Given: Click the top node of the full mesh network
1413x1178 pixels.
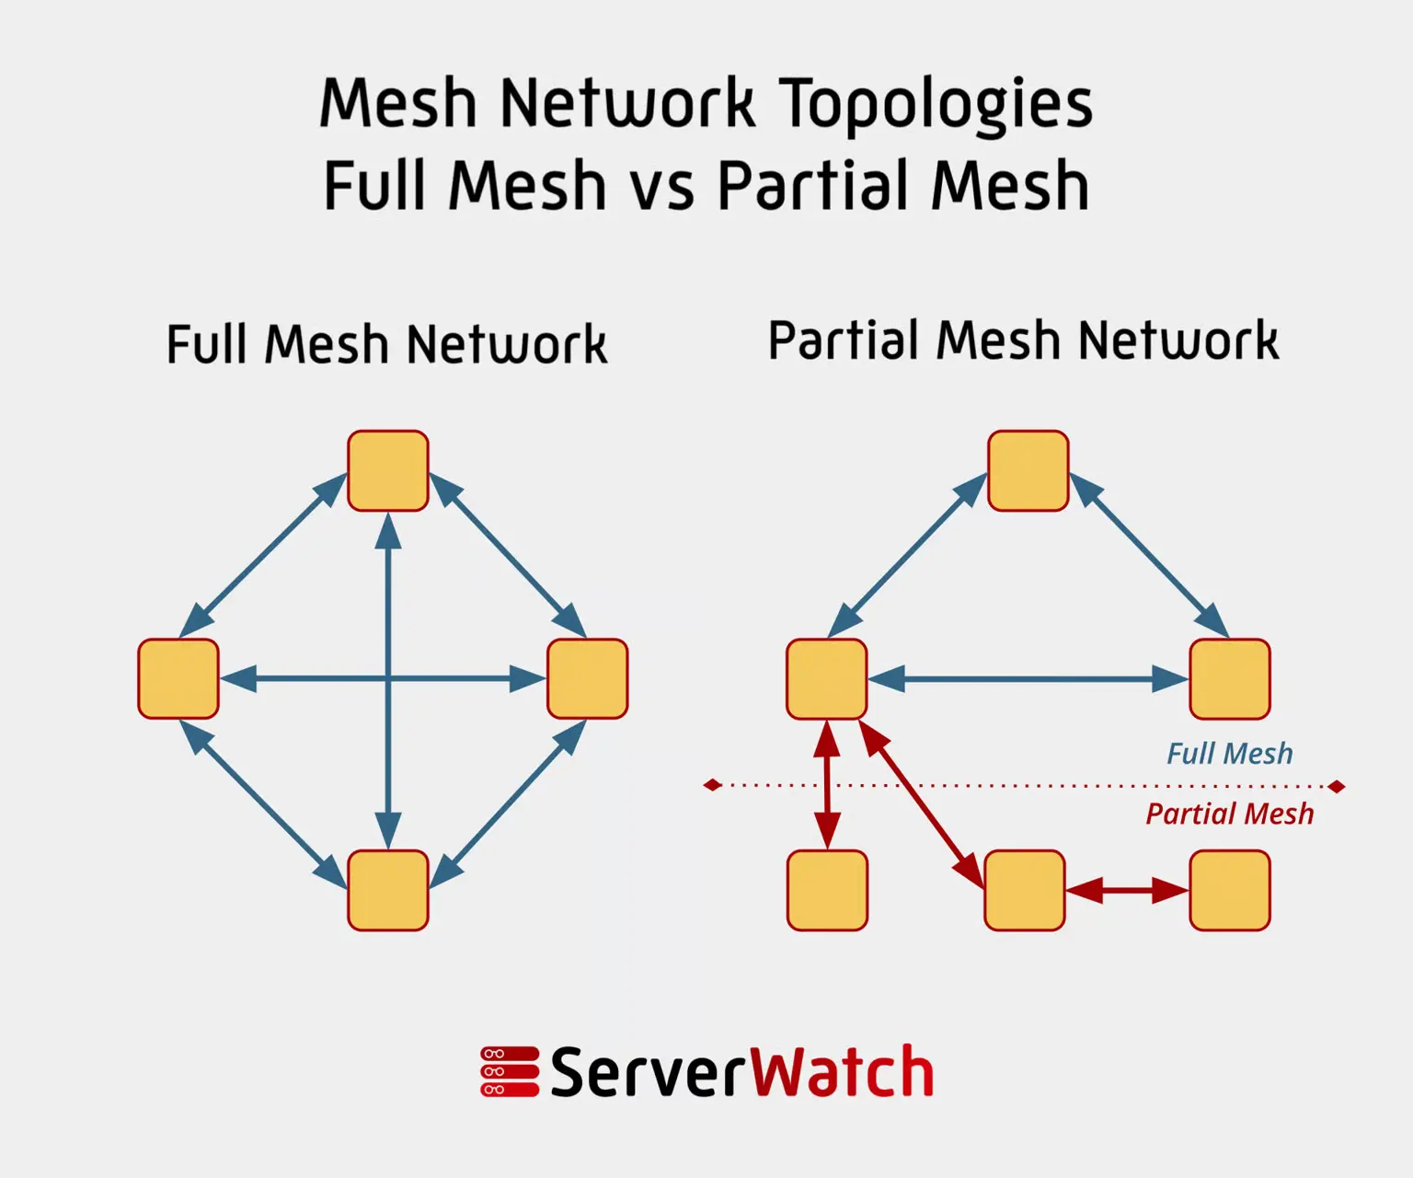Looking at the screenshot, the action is (388, 470).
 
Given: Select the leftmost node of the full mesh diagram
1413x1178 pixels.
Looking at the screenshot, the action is (178, 678).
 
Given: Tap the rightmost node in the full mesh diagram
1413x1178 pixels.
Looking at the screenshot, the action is (588, 678).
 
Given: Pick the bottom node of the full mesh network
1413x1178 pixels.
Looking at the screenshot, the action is (388, 890).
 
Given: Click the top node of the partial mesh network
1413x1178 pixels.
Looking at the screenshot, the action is (1028, 470).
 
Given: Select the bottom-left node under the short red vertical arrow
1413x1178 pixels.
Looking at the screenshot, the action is (827, 890).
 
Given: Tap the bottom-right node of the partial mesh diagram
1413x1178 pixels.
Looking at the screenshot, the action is (1230, 890).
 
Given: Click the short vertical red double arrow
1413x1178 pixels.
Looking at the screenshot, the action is (827, 785).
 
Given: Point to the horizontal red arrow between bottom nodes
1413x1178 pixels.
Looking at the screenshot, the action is (1127, 890).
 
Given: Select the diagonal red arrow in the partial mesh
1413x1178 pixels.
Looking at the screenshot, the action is (922, 804).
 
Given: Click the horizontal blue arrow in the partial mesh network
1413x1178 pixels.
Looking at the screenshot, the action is (1028, 678).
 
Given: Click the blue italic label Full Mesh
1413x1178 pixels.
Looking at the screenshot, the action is (1230, 754).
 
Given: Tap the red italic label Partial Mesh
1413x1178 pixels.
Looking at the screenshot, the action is (1230, 814).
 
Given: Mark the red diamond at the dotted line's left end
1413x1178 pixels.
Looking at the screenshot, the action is (713, 785).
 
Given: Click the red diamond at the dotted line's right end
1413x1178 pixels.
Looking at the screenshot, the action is (1337, 786).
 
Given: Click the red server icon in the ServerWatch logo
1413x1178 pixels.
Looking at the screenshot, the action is (510, 1071).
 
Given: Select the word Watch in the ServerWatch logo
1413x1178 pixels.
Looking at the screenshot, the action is (843, 1071).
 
